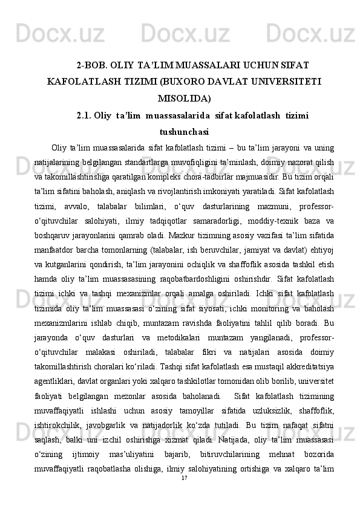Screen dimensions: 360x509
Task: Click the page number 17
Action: click(x=185, y=494)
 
